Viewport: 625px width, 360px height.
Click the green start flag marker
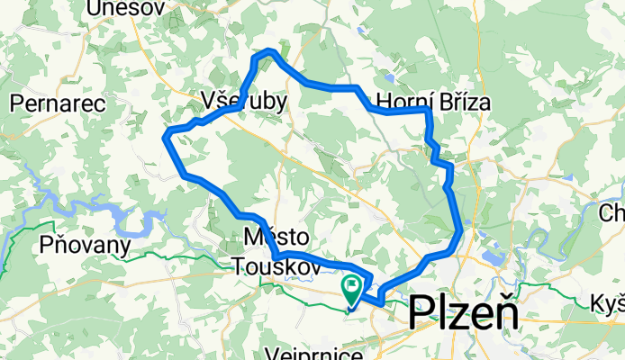(x=351, y=289)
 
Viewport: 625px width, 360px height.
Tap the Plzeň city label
(x=464, y=314)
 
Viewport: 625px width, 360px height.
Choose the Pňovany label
(x=86, y=244)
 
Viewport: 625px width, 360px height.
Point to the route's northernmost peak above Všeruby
(x=267, y=53)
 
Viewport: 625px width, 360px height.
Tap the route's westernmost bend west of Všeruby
(x=166, y=135)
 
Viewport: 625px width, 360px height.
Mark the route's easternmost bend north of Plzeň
(x=462, y=233)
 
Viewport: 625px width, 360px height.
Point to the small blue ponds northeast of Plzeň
(x=494, y=257)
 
